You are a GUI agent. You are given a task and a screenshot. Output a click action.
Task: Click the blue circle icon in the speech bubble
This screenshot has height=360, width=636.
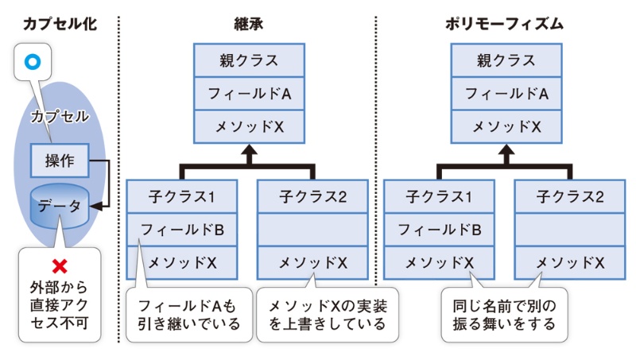pyautogui.click(x=32, y=61)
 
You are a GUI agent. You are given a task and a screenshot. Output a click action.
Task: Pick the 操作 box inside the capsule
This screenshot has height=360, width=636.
pyautogui.click(x=60, y=161)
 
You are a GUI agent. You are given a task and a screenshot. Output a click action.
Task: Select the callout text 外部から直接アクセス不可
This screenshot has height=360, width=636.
pyautogui.click(x=60, y=302)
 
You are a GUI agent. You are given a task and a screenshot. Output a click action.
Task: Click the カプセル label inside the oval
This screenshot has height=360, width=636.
pyautogui.click(x=60, y=117)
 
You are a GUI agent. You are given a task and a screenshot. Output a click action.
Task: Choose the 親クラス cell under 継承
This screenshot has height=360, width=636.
pyautogui.click(x=249, y=60)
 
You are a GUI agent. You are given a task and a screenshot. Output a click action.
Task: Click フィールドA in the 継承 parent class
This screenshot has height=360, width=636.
pyautogui.click(x=249, y=94)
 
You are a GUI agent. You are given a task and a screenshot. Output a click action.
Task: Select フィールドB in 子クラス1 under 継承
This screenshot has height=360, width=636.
pyautogui.click(x=182, y=229)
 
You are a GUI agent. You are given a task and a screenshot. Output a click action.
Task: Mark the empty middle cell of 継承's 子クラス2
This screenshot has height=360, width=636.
pyautogui.click(x=312, y=229)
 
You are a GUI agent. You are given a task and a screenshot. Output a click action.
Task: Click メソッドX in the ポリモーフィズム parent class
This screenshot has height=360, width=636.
pyautogui.click(x=506, y=126)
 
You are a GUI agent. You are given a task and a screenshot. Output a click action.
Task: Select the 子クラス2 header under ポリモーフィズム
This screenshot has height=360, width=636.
pyautogui.click(x=569, y=195)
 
